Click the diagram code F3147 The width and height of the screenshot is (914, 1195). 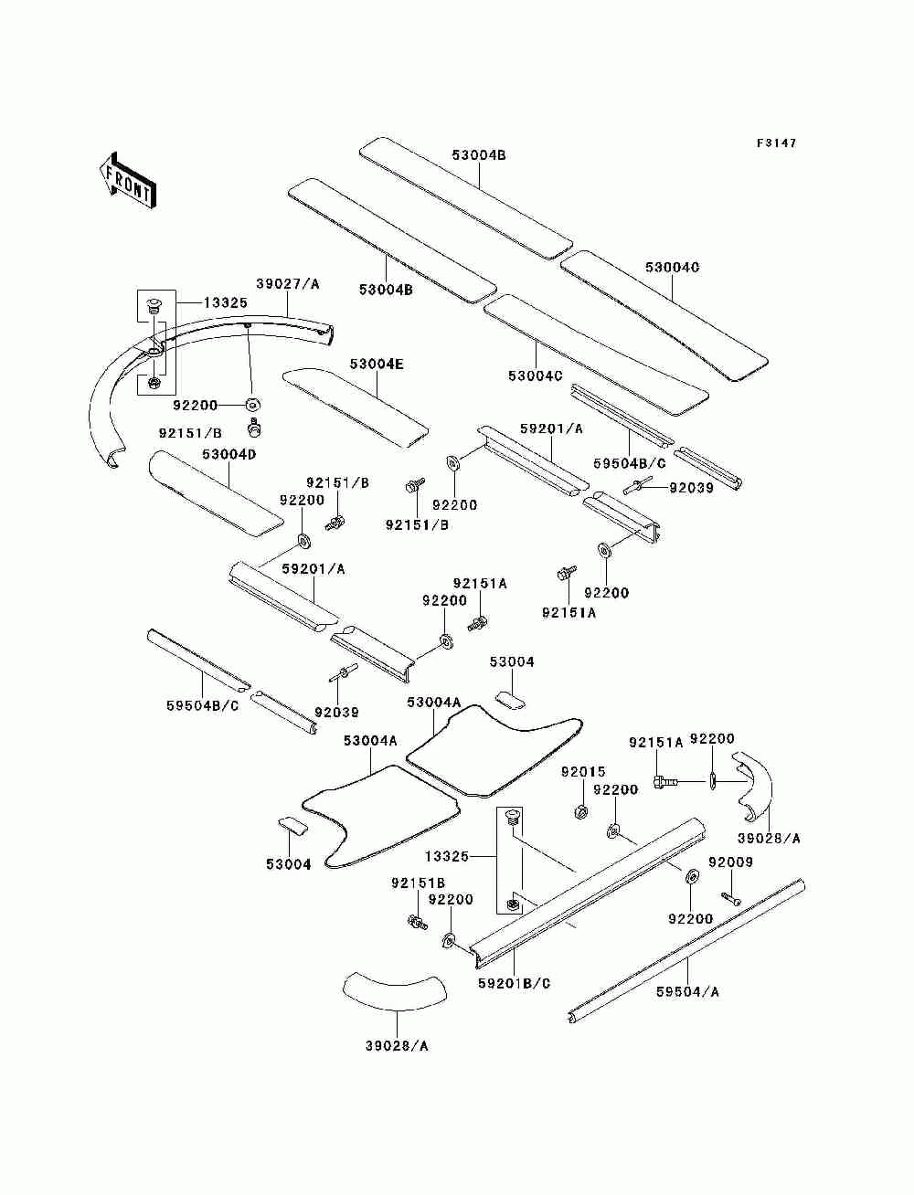(776, 143)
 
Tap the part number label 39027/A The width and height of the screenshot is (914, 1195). (288, 283)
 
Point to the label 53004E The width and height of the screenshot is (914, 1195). (377, 365)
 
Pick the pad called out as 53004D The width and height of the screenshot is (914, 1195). (216, 494)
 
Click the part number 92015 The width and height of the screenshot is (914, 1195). (583, 771)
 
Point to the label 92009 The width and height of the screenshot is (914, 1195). (730, 862)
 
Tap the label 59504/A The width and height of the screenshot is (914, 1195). (687, 992)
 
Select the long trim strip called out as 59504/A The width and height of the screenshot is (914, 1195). (685, 952)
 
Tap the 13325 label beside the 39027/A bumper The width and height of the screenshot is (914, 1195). (226, 302)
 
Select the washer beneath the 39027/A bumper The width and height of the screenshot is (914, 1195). (252, 405)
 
